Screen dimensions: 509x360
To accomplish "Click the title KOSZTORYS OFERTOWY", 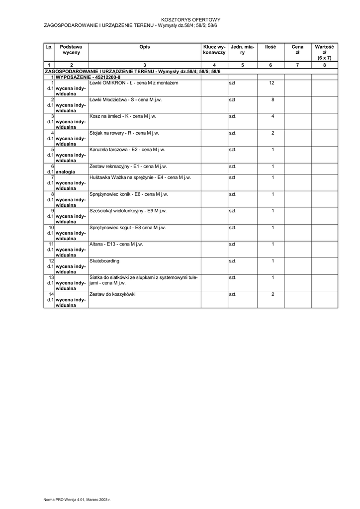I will tap(191, 19).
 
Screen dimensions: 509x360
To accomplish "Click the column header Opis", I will tap(145, 47).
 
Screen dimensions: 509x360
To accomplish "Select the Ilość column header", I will tap(270, 47).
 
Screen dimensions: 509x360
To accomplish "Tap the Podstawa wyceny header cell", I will tap(71, 49).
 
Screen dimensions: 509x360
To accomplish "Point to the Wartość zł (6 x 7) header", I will tap(324, 52).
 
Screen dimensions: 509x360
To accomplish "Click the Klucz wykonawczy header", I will tap(214, 49).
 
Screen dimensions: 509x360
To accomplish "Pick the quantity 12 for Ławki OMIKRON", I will tap(272, 83).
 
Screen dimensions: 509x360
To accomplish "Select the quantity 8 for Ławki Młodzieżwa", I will tap(272, 99).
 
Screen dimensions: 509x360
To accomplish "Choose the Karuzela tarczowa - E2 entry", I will tap(127, 149).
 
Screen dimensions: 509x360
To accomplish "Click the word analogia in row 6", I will tap(66, 172).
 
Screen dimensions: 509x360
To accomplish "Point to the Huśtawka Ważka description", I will tap(140, 177).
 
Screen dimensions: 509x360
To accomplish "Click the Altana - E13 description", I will tap(116, 244).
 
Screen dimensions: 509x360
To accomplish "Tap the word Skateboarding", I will tap(104, 261).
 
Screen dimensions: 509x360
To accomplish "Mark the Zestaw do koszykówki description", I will tap(112, 294).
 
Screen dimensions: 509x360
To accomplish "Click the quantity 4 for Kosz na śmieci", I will tap(272, 116).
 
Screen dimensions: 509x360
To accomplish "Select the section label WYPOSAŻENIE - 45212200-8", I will tap(88, 77).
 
